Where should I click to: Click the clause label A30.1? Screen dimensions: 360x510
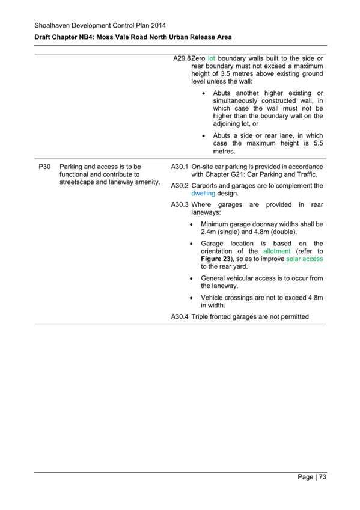180,166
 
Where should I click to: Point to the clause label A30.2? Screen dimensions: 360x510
180,186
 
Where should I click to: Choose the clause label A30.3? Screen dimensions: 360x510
180,205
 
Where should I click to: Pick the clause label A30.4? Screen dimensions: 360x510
180,316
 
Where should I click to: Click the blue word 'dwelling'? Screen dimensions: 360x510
203,194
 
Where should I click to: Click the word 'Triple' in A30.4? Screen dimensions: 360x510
201,316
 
